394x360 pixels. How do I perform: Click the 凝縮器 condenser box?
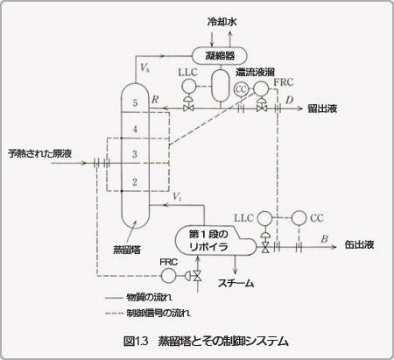[x=219, y=55]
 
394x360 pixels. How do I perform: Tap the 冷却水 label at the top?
[x=222, y=23]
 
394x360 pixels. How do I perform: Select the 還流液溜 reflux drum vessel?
[x=221, y=86]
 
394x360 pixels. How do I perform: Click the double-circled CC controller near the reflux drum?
[x=241, y=89]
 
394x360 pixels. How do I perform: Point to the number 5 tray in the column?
[x=135, y=102]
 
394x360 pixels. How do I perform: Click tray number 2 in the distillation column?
[x=135, y=182]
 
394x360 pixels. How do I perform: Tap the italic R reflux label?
[x=155, y=100]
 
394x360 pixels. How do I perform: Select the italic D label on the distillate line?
[x=289, y=100]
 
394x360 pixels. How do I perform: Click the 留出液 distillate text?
[x=322, y=109]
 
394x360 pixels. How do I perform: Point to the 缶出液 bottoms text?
[x=359, y=244]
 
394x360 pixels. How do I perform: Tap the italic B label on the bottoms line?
[x=324, y=239]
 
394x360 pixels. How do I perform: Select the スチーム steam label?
[x=236, y=283]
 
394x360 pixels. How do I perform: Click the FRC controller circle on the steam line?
[x=169, y=275]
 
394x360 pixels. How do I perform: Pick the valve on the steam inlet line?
[x=198, y=275]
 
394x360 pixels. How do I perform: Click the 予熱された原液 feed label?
[x=39, y=153]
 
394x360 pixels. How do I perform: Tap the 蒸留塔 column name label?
[x=127, y=250]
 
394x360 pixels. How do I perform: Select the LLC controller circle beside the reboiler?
[x=265, y=218]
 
